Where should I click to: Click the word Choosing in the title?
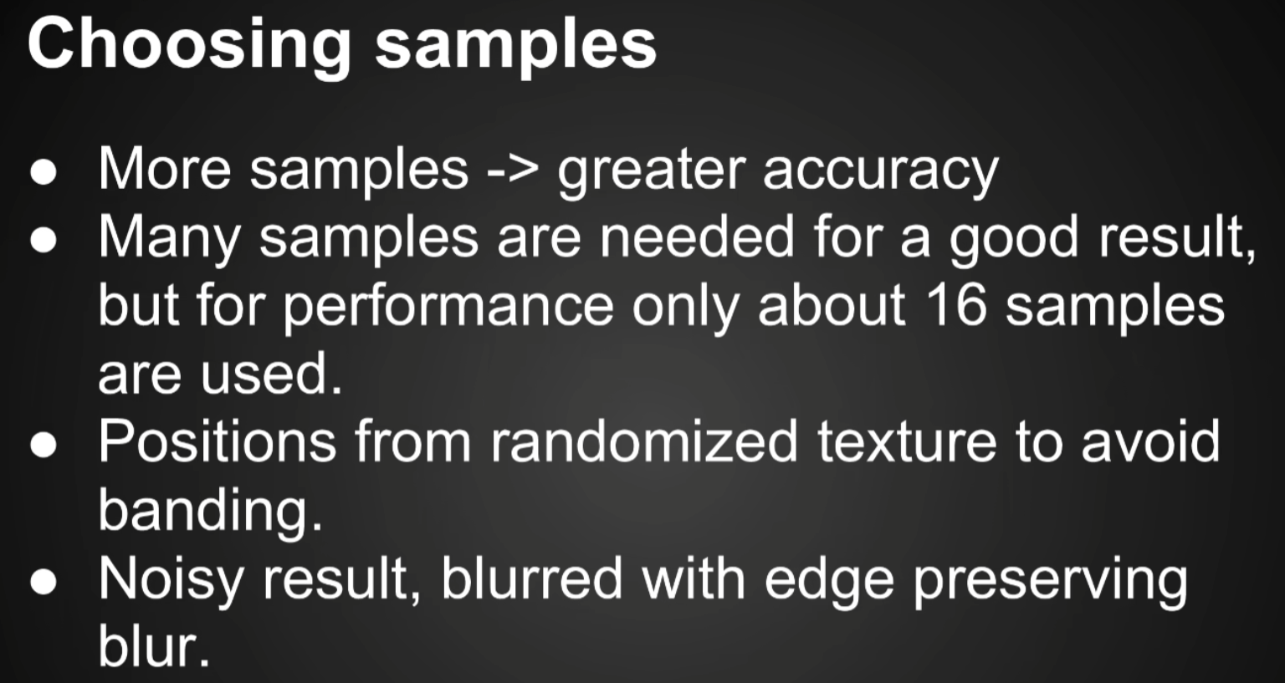tap(189, 47)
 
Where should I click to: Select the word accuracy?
tap(881, 172)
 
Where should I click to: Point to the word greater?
tap(651, 172)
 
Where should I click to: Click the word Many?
tap(169, 240)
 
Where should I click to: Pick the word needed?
tap(697, 237)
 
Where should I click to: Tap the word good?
tap(1014, 240)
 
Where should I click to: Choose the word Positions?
tap(218, 441)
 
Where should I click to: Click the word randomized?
tap(643, 441)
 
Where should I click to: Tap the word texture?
tap(907, 443)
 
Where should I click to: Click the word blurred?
tap(531, 578)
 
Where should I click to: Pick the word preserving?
tap(1051, 582)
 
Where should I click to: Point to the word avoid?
tap(1151, 441)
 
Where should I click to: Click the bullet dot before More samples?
tap(44, 172)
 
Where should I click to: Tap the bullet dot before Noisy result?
tap(44, 582)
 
